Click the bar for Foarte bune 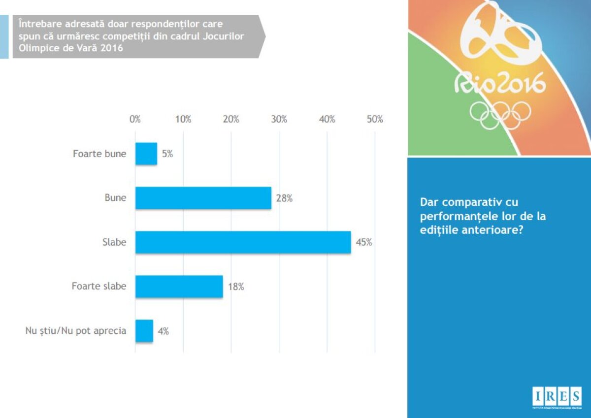click(146, 154)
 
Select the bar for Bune click(203, 198)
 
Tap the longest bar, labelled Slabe click(243, 242)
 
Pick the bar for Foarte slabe click(179, 287)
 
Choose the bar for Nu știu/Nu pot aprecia click(144, 331)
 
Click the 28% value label click(285, 198)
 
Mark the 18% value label click(236, 287)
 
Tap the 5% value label click(167, 154)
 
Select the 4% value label click(163, 331)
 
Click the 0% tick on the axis click(135, 120)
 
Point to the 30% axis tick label click(279, 120)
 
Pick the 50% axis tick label click(375, 120)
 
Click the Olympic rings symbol click(500, 114)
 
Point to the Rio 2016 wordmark click(500, 84)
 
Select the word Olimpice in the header click(35, 49)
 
